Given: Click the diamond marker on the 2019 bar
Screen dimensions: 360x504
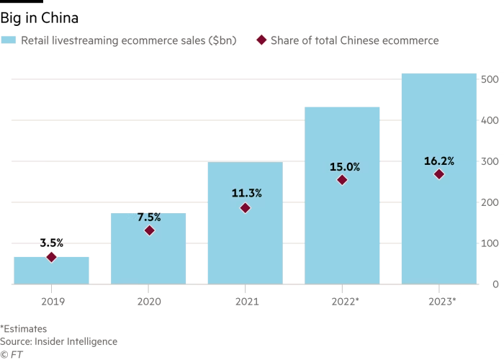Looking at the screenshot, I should pos(51,257).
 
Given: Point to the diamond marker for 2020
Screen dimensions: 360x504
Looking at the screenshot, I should pos(149,230).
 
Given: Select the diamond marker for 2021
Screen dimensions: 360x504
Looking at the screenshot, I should pos(245,208).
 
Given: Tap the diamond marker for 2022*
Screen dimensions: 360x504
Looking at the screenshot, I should pos(342,180).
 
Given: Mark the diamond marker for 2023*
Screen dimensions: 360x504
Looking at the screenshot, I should pos(438,174).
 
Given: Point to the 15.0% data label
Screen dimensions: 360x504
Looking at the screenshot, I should pos(342,167).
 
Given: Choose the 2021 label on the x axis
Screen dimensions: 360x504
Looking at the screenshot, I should pos(245,299).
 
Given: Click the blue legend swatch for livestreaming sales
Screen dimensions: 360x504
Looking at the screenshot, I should pos(9,41).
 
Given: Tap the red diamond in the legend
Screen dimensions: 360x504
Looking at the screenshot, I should pos(261,41).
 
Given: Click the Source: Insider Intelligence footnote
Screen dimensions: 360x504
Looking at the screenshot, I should pos(58,341).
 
